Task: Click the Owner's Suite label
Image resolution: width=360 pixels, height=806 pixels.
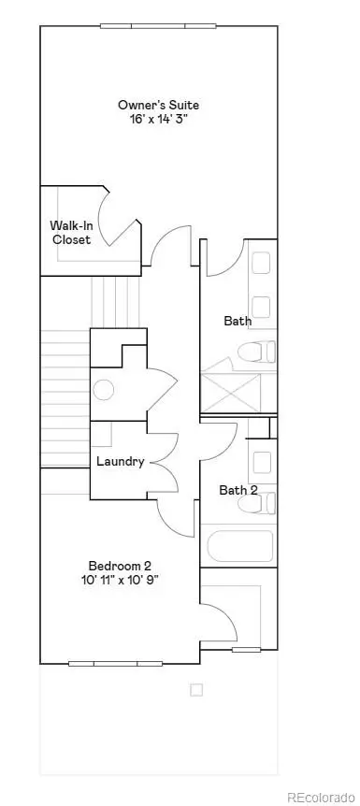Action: pyautogui.click(x=158, y=104)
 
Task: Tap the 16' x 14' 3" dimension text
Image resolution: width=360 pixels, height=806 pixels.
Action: pyautogui.click(x=158, y=119)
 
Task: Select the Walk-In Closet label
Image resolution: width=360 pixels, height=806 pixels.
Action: pyautogui.click(x=70, y=232)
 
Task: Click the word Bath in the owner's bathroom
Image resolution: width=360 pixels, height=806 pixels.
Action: pyautogui.click(x=238, y=321)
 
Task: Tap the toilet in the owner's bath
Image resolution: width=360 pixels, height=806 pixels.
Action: pyautogui.click(x=256, y=352)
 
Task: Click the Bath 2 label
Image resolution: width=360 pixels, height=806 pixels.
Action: pyautogui.click(x=238, y=490)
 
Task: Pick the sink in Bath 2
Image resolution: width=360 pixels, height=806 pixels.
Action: pyautogui.click(x=263, y=461)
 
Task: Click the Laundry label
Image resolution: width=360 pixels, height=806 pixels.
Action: pyautogui.click(x=121, y=461)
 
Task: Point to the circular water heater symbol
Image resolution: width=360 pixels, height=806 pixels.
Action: pyautogui.click(x=104, y=390)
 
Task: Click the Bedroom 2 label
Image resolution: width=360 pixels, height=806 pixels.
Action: pyautogui.click(x=121, y=565)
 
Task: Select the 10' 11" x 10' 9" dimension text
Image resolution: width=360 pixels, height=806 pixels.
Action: pyautogui.click(x=121, y=580)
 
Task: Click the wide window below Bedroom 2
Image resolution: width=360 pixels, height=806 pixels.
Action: pyautogui.click(x=116, y=664)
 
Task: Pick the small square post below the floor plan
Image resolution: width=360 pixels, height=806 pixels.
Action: pyautogui.click(x=196, y=690)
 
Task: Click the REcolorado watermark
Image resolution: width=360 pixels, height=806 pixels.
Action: pyautogui.click(x=320, y=797)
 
